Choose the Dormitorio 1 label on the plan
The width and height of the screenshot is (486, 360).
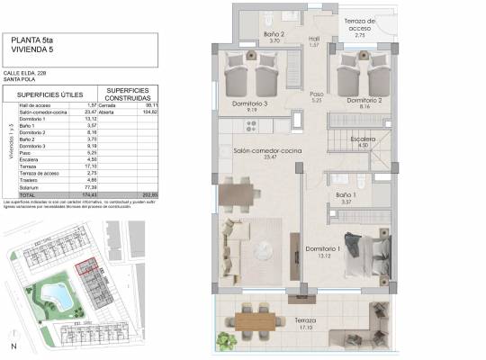click(323, 248)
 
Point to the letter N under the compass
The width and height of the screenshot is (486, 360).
click(13, 346)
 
